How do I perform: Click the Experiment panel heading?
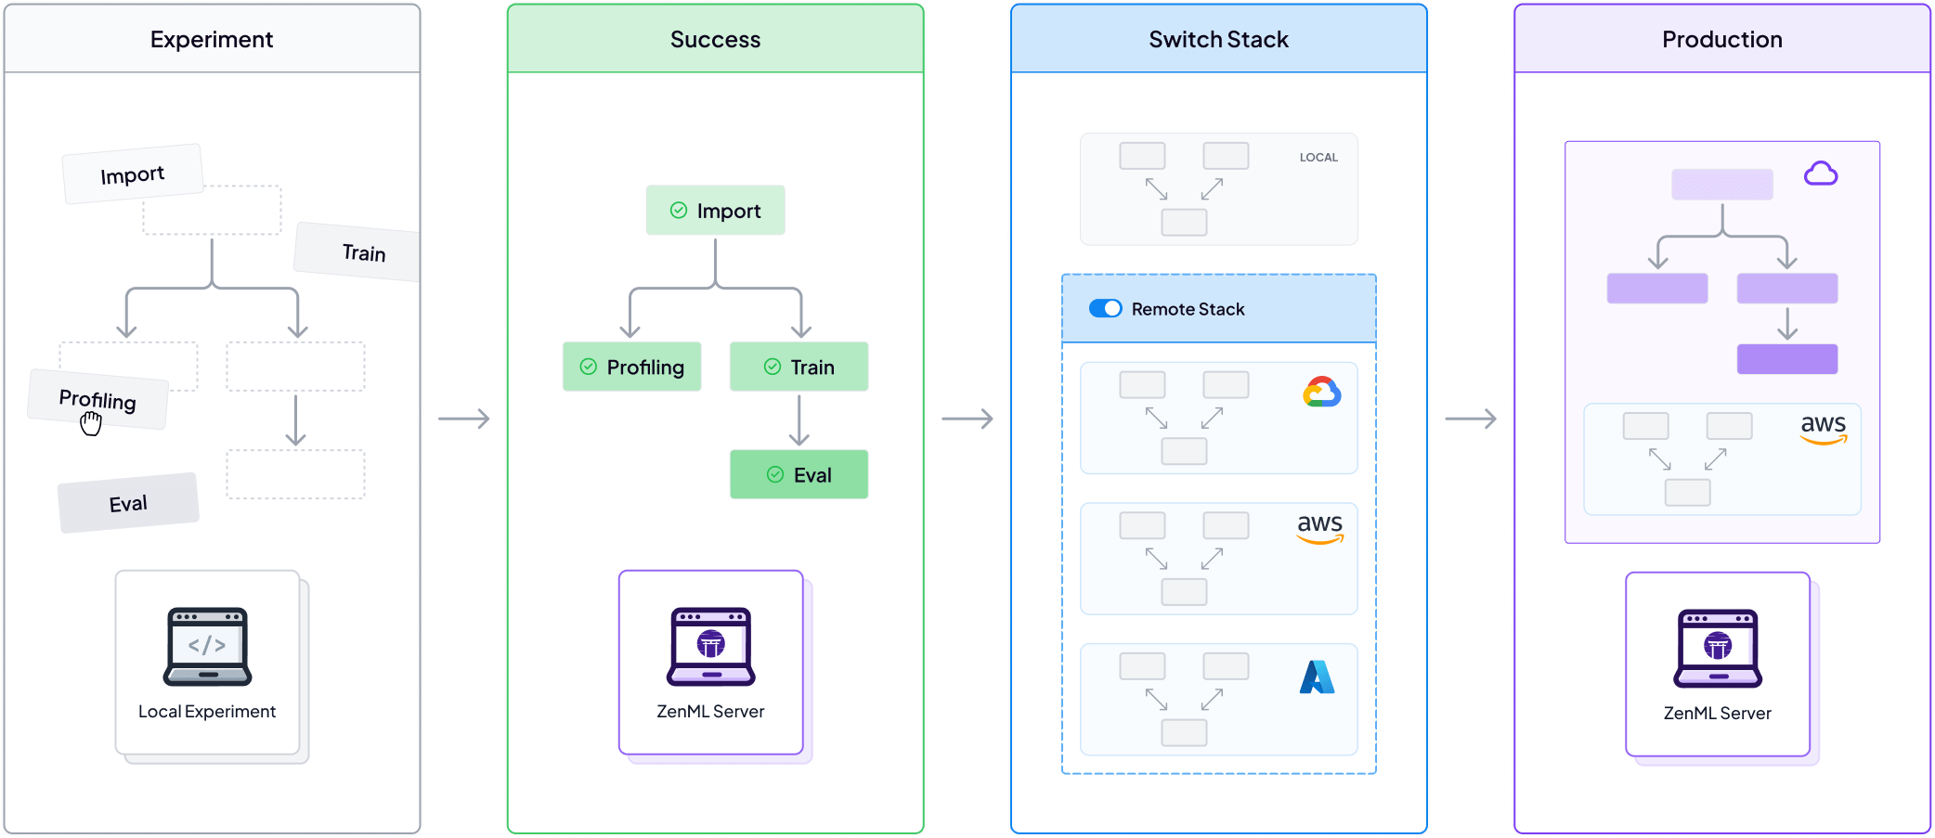pyautogui.click(x=212, y=40)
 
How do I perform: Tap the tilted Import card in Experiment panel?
pyautogui.click(x=132, y=174)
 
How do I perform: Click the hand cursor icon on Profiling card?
pyautogui.click(x=90, y=424)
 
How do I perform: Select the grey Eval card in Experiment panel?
pyautogui.click(x=128, y=503)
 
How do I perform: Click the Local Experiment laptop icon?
pyautogui.click(x=207, y=647)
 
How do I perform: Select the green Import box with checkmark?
pyautogui.click(x=715, y=211)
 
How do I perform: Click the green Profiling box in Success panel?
pyautogui.click(x=631, y=367)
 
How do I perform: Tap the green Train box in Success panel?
pyautogui.click(x=799, y=367)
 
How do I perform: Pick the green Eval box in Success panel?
pyautogui.click(x=799, y=475)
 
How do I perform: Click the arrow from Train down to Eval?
pyautogui.click(x=799, y=420)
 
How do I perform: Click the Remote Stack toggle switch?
pyautogui.click(x=1105, y=309)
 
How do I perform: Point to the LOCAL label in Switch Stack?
pyautogui.click(x=1318, y=158)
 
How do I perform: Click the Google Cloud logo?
pyautogui.click(x=1321, y=393)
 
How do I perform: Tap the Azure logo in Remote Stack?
pyautogui.click(x=1317, y=677)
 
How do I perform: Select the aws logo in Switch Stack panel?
pyautogui.click(x=1319, y=528)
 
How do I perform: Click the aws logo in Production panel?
pyautogui.click(x=1823, y=428)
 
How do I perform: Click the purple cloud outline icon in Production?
pyautogui.click(x=1820, y=174)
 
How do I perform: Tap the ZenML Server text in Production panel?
pyautogui.click(x=1717, y=714)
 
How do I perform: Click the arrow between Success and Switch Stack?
pyautogui.click(x=967, y=419)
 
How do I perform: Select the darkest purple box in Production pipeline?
pyautogui.click(x=1786, y=359)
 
